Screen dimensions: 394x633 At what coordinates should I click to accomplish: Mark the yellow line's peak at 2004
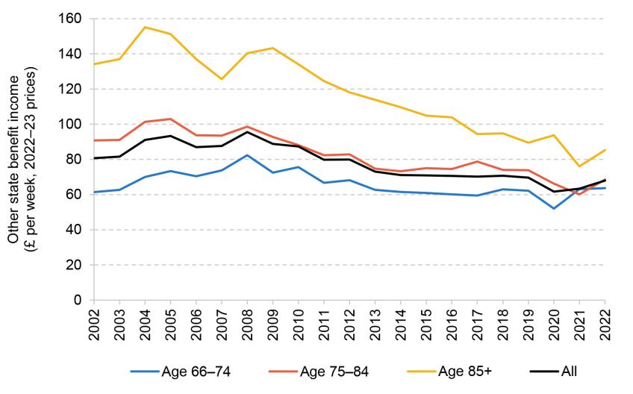tap(145, 27)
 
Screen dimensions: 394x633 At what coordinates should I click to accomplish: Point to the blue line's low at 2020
tap(553, 208)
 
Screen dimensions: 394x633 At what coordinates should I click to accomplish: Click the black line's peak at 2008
tap(247, 132)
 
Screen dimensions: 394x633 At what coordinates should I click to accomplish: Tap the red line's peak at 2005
tap(170, 119)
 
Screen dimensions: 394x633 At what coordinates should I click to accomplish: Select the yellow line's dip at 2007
tap(222, 79)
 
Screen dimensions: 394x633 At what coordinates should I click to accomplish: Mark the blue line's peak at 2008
tap(247, 155)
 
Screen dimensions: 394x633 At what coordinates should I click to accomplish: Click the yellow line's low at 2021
tap(579, 166)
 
